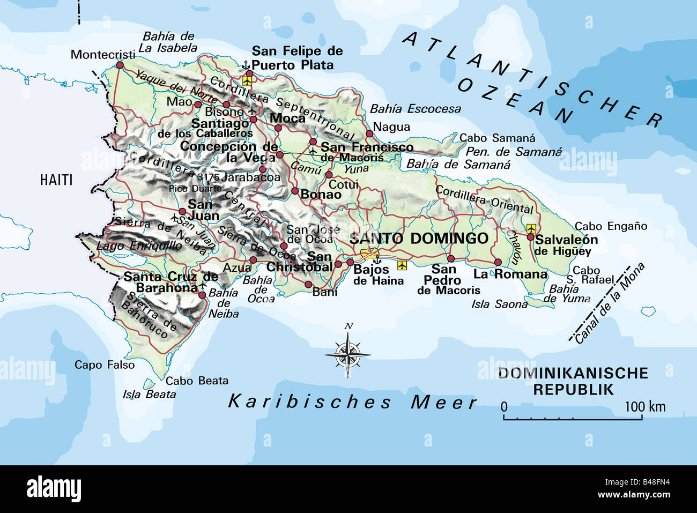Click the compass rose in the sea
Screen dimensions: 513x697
pyautogui.click(x=347, y=353)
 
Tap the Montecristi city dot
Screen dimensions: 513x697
pyautogui.click(x=119, y=65)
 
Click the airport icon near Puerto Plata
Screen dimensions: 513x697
pyautogui.click(x=247, y=80)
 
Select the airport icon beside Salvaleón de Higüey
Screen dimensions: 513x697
pyautogui.click(x=531, y=228)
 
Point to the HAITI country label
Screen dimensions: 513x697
pyautogui.click(x=56, y=180)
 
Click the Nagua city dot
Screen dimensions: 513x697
pyautogui.click(x=369, y=133)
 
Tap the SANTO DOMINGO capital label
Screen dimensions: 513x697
pyautogui.click(x=419, y=238)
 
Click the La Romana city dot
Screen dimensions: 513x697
pyautogui.click(x=498, y=262)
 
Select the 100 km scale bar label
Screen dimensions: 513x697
pyautogui.click(x=644, y=406)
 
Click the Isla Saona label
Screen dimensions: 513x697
pyautogui.click(x=499, y=304)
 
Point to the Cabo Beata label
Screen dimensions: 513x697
pyautogui.click(x=197, y=381)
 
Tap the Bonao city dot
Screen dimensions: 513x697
pyautogui.click(x=295, y=191)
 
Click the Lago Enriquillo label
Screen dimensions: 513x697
pyautogui.click(x=139, y=246)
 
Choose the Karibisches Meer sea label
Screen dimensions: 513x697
pyautogui.click(x=352, y=402)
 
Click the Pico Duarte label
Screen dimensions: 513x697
pyautogui.click(x=195, y=189)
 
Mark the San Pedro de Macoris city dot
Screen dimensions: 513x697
pyautogui.click(x=450, y=258)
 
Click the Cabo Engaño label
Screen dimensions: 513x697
pyautogui.click(x=611, y=226)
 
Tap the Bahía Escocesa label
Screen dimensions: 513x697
pyautogui.click(x=415, y=109)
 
